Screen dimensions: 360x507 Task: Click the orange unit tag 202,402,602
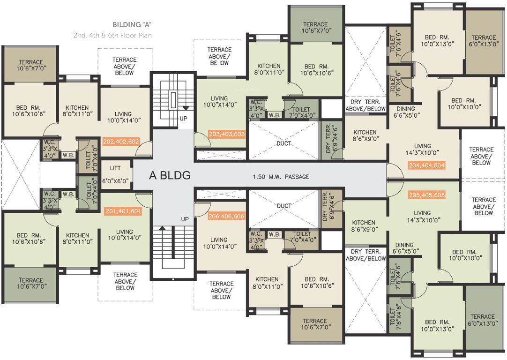[x=120, y=141]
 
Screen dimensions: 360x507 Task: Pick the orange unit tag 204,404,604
[x=426, y=165]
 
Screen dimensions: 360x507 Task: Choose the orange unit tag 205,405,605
[x=426, y=195]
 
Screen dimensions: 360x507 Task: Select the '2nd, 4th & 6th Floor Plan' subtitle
[x=112, y=35]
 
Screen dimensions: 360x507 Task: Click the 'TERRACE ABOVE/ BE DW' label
[x=219, y=56]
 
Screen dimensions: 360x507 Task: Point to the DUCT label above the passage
[x=284, y=143]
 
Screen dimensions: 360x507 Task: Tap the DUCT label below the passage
[x=284, y=206]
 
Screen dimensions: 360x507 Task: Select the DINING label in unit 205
[x=404, y=248]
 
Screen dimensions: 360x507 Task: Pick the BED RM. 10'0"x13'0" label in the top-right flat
[x=437, y=41]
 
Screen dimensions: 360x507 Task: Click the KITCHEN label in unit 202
[x=77, y=111]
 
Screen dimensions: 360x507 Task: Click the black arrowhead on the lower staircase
[x=163, y=228]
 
